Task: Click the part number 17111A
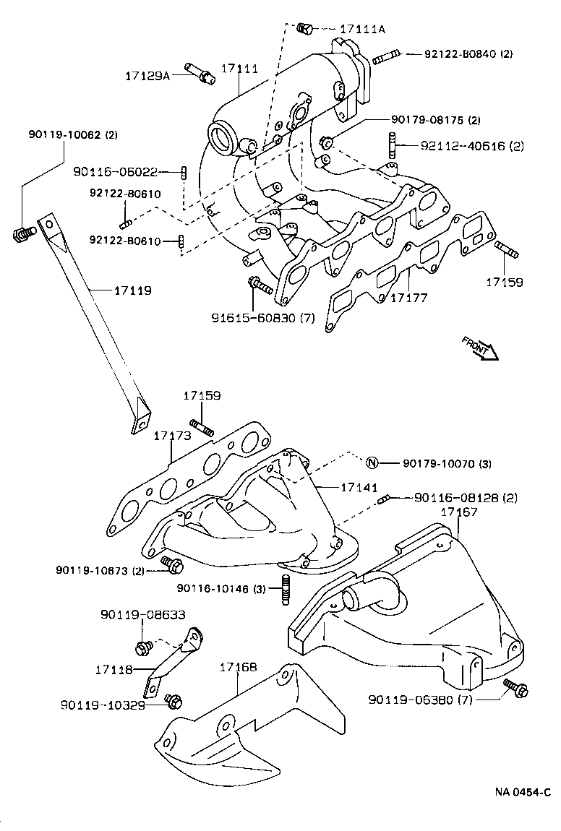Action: tap(362, 29)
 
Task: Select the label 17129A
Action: tap(147, 75)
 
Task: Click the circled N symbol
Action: tap(372, 463)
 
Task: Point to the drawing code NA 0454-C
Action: tap(523, 792)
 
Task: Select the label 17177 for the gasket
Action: tap(411, 297)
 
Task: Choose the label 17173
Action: tap(172, 436)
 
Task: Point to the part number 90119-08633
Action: tap(142, 615)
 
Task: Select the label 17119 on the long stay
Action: tap(132, 290)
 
